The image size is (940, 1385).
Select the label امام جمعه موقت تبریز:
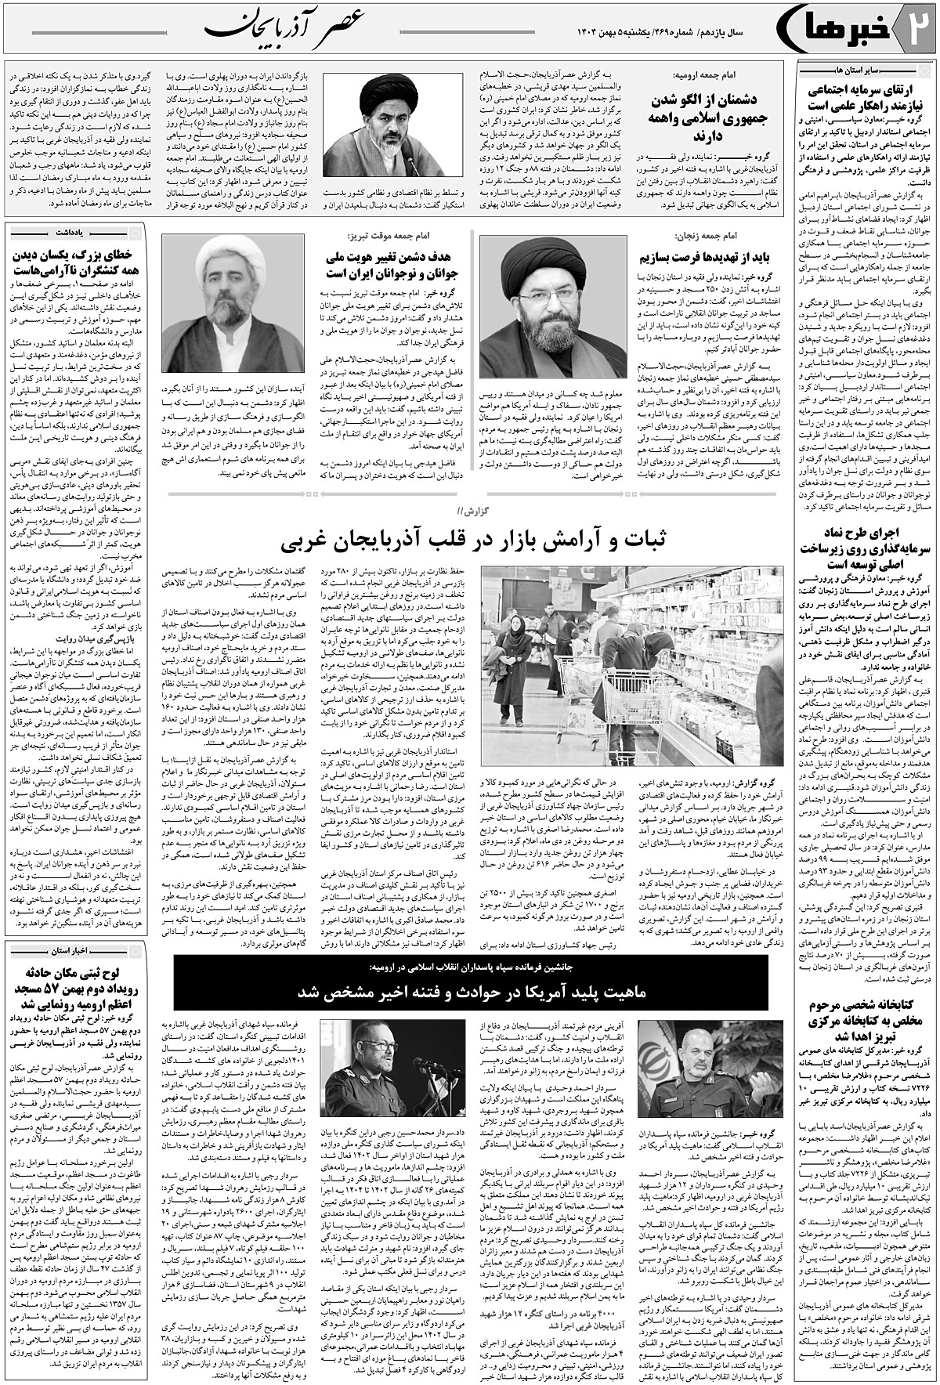pyautogui.click(x=380, y=235)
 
